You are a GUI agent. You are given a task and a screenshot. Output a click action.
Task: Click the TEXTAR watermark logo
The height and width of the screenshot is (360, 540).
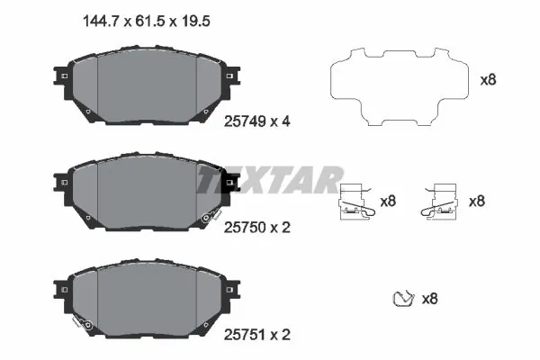[x=270, y=180]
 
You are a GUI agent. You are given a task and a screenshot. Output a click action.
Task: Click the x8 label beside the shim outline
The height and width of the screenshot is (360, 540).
[x=488, y=79]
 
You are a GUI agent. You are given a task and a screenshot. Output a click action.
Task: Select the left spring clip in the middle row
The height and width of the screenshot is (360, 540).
[x=357, y=202]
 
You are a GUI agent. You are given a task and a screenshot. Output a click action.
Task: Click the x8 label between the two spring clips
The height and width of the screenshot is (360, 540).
[x=388, y=202]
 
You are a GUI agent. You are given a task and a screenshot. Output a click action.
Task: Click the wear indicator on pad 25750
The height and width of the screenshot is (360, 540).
[x=211, y=217]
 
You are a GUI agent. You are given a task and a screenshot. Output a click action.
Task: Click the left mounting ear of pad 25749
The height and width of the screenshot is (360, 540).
[x=61, y=76]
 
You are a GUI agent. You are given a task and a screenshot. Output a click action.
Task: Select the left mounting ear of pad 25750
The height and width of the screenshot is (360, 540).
[x=61, y=183]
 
